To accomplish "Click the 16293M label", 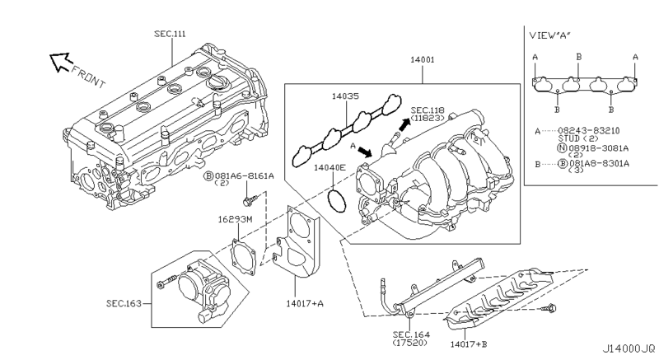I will tap(234, 220).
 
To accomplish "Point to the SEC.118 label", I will tap(428, 110).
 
